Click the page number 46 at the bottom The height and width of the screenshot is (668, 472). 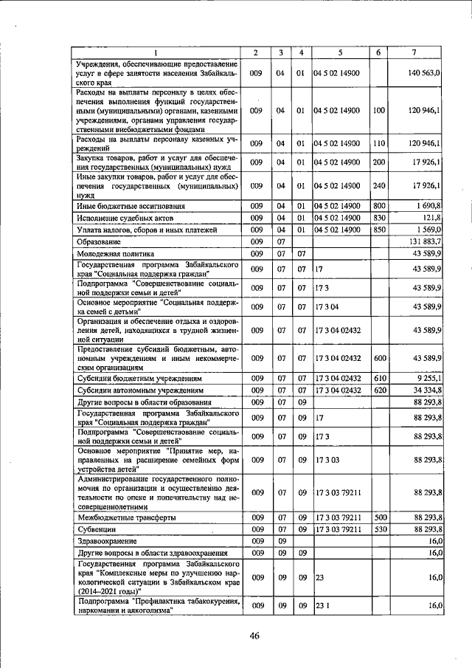255,636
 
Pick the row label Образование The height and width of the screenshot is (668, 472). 100,241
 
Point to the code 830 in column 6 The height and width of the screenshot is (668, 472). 379,218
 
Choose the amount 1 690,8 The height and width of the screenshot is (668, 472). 427,205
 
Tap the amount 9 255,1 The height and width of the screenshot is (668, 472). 427,378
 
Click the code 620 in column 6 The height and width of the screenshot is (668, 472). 379,390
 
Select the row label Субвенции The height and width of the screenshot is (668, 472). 98,529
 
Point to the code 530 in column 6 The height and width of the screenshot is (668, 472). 379,529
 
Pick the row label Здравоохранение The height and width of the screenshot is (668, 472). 108,541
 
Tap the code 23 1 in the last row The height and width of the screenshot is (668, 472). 322,605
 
